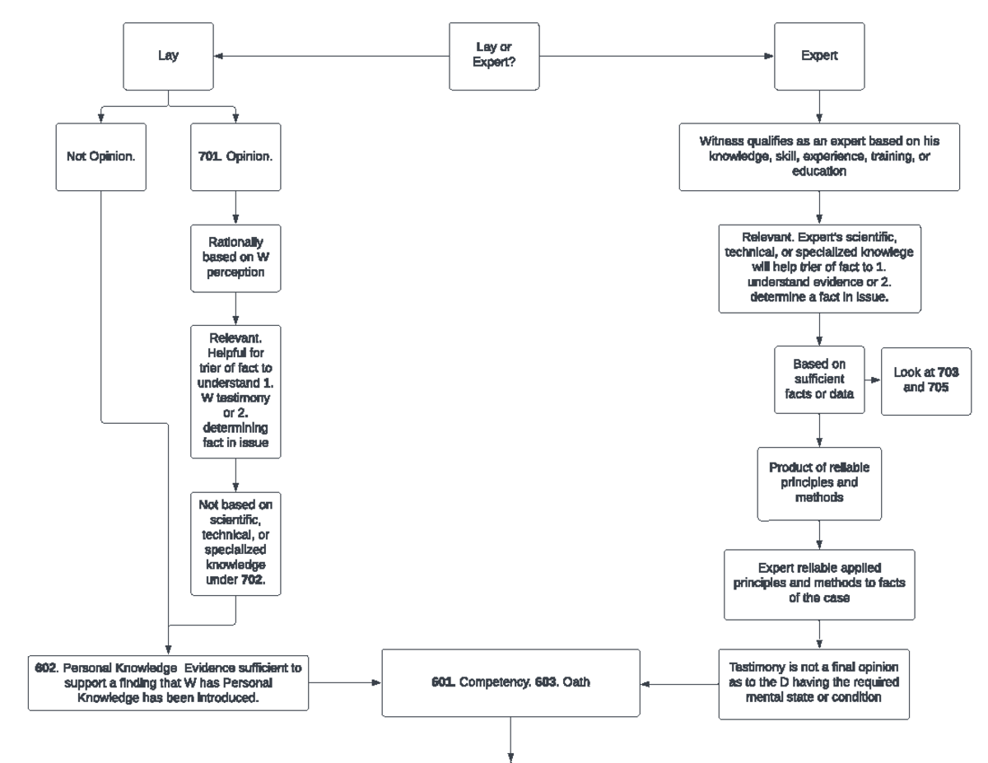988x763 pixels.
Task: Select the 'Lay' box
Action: pos(169,56)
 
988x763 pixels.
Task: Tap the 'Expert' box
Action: pos(818,56)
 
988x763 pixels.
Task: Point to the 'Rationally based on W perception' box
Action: pos(236,257)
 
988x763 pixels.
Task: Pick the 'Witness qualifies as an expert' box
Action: pos(819,157)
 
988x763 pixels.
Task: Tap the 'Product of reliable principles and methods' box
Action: pos(819,485)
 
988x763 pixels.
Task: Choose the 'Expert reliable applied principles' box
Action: pos(819,584)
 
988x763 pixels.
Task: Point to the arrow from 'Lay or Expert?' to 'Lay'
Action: pos(329,57)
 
